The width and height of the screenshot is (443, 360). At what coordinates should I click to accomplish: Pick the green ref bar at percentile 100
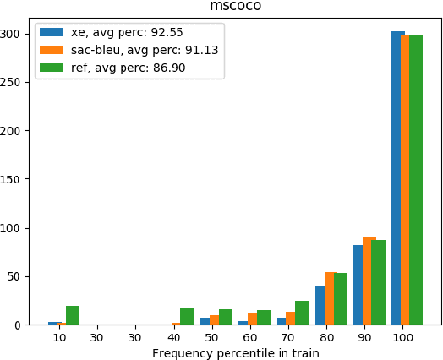click(x=416, y=180)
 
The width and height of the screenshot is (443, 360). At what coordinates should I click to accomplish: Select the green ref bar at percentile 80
click(x=340, y=299)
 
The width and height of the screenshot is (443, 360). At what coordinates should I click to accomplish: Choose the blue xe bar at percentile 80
click(x=320, y=305)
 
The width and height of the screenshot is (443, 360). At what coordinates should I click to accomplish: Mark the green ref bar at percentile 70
click(x=302, y=313)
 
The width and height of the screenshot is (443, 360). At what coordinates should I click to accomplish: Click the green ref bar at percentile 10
click(x=73, y=315)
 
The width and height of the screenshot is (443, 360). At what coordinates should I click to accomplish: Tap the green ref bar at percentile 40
click(x=187, y=316)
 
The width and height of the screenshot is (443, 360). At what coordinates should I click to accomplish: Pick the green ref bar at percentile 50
click(x=225, y=317)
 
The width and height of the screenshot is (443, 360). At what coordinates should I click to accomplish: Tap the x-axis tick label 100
click(x=403, y=337)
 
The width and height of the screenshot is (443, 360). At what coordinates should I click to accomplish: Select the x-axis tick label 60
click(x=250, y=337)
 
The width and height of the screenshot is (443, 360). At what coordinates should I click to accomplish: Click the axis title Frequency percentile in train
click(x=235, y=352)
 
